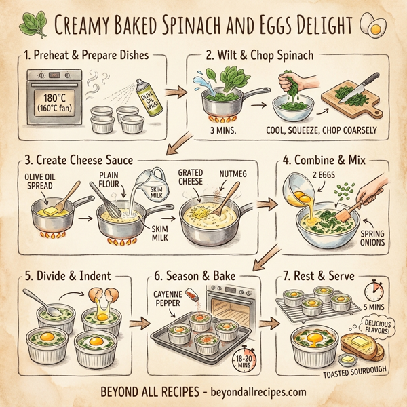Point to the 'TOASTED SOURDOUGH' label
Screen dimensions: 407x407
click(x=359, y=372)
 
